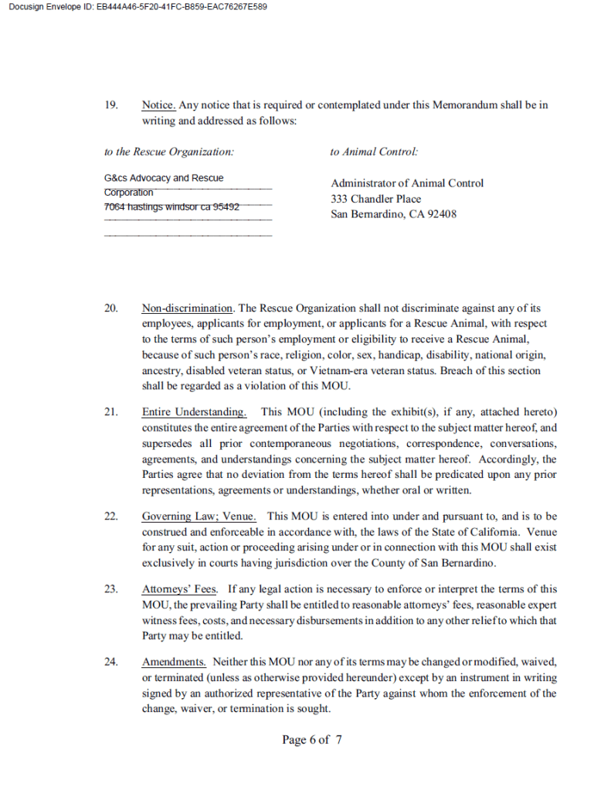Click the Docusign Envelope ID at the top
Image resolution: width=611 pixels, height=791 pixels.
click(x=138, y=7)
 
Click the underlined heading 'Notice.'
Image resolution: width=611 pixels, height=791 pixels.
click(x=159, y=105)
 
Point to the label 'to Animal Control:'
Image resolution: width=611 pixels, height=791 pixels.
click(x=374, y=152)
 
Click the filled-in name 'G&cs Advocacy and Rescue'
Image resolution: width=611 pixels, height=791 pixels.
click(x=164, y=178)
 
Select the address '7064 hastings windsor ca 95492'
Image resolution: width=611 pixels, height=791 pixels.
click(x=171, y=206)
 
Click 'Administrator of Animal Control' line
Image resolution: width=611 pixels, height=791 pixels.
click(x=407, y=183)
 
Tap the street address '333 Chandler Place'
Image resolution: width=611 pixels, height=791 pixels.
click(x=376, y=199)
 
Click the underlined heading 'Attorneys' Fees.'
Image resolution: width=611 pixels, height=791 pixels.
click(x=180, y=590)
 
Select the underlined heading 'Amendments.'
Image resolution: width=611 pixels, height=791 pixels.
click(x=174, y=663)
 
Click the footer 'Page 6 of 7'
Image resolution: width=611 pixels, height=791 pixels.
click(x=312, y=740)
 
